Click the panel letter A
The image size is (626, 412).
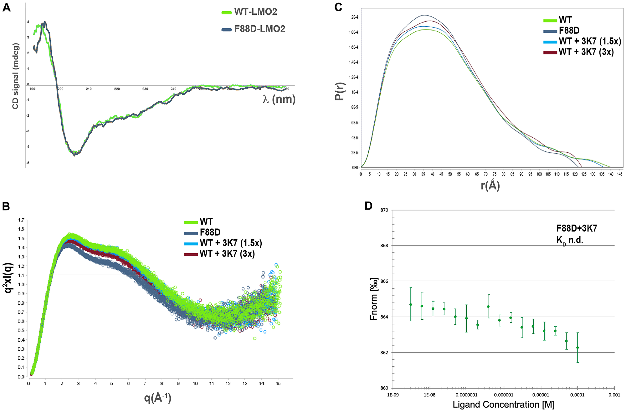6,7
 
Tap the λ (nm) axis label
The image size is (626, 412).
279,99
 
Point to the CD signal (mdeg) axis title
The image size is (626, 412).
15,76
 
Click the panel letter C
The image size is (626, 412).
338,7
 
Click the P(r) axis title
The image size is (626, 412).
339,91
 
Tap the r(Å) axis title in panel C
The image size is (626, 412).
490,186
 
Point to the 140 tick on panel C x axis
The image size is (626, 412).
611,174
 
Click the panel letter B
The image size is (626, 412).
6,206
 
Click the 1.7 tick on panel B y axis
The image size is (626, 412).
21,220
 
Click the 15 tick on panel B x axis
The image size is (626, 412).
278,384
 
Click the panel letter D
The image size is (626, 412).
369,206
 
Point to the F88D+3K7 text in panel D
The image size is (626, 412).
577,228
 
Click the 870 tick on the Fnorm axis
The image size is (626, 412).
384,210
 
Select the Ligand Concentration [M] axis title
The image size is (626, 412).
503,405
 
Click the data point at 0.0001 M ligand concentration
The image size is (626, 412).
577,348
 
